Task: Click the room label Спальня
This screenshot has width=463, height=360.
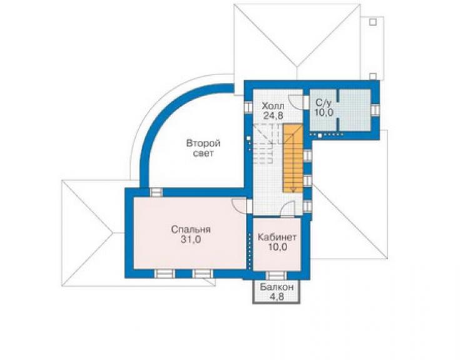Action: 190,229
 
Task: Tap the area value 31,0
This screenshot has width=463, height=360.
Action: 191,239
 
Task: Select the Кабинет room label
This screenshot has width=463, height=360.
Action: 277,237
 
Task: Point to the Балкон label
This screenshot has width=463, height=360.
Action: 277,287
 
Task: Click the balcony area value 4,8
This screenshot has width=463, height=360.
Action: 277,296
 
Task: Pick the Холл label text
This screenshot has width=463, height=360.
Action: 273,106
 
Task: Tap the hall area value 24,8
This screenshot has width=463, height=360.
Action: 273,115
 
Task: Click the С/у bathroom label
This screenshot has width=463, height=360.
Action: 323,103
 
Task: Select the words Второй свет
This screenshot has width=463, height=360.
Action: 203,148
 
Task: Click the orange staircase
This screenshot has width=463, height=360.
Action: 293,158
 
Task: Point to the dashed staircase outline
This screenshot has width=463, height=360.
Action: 266,143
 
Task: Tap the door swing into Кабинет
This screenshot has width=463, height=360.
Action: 287,208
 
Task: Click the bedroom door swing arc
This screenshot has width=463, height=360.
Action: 239,205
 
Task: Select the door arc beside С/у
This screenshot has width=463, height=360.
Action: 295,101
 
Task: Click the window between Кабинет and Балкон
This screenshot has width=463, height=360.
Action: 276,275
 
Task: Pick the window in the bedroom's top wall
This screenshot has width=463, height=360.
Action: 156,192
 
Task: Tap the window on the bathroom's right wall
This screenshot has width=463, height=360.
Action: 374,110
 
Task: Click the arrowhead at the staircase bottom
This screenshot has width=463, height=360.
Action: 293,190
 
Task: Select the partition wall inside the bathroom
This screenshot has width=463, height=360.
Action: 337,110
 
